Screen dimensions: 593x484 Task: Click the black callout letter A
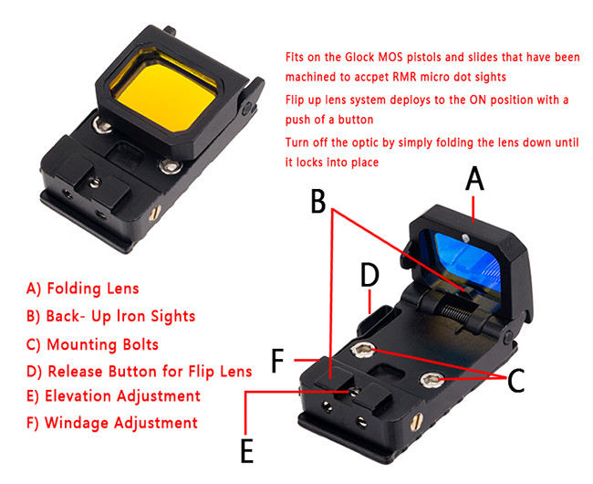click(474, 179)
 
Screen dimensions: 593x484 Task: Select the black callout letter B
click(318, 201)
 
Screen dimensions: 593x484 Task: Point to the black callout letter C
click(515, 380)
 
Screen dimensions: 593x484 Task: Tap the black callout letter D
click(369, 274)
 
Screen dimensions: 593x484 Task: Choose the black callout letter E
click(247, 450)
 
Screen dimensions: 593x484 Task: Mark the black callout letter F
click(278, 361)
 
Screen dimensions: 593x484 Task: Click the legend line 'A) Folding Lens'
click(83, 289)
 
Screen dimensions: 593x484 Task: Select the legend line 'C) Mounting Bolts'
click(92, 344)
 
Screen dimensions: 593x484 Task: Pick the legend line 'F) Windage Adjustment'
click(112, 423)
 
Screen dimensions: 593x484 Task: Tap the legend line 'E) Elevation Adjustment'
click(113, 395)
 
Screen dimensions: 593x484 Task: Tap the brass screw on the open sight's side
click(417, 423)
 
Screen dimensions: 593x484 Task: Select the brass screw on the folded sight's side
click(155, 213)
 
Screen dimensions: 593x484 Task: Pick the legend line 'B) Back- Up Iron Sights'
click(110, 316)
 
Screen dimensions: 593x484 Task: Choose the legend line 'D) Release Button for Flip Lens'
click(140, 372)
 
